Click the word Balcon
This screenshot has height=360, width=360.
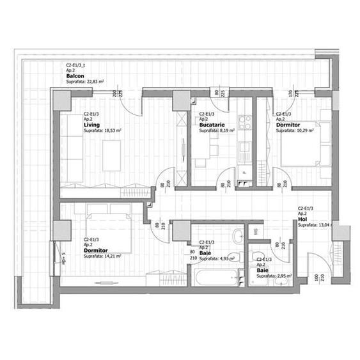(x=75, y=76)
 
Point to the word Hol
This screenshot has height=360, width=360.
(x=302, y=219)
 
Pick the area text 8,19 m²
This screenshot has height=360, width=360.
(x=224, y=130)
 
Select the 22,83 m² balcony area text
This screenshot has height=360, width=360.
(x=94, y=82)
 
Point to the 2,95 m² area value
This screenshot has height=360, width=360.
(x=284, y=277)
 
